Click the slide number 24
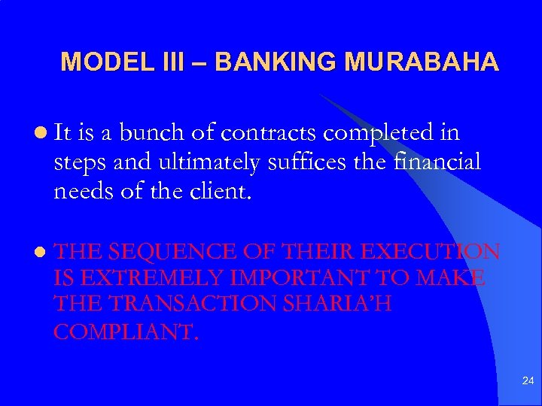click(527, 382)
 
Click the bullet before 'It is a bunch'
click(38, 134)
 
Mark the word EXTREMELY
click(146, 279)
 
